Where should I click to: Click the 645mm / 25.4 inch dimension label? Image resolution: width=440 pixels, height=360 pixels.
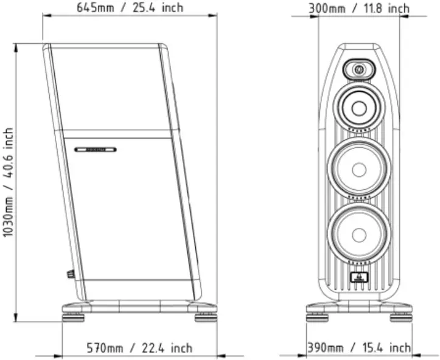coord(130,8)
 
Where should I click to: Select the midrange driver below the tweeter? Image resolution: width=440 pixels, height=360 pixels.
coord(358,107)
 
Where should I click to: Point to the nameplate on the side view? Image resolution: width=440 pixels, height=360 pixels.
coord(96,149)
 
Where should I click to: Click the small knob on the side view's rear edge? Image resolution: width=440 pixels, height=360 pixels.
coord(71,274)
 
